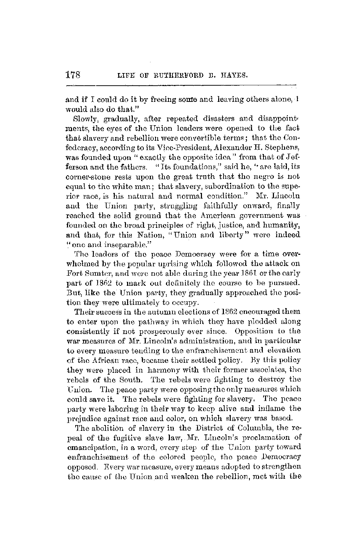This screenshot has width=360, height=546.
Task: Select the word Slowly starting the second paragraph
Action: point(83,118)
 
